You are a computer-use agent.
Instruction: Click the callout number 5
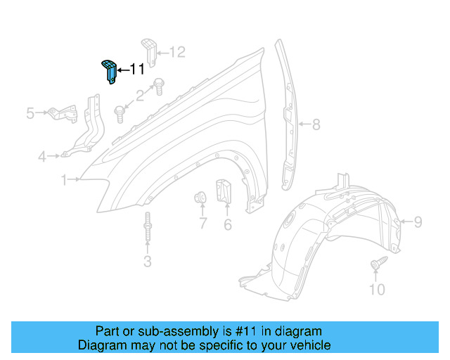point(30,112)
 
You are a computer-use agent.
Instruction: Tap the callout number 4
point(43,156)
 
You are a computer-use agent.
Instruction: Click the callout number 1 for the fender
point(64,181)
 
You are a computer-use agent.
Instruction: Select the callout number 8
point(316,125)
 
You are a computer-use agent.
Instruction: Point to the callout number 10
point(377,289)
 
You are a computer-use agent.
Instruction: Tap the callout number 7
point(202,224)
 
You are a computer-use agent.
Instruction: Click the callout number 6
point(227,224)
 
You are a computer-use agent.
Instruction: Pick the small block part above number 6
point(224,192)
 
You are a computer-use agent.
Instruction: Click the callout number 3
point(147,262)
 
